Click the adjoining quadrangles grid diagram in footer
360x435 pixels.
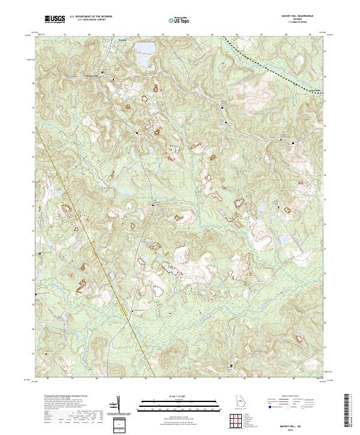tap(239, 422)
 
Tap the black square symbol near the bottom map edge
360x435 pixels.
tap(230, 365)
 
